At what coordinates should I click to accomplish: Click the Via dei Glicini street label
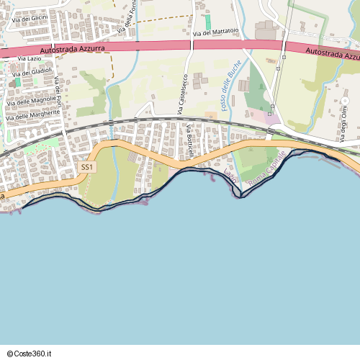30,17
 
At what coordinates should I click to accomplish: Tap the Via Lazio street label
30,58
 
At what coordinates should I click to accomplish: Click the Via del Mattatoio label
216,33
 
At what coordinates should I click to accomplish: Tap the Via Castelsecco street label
183,94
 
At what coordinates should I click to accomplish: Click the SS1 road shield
87,167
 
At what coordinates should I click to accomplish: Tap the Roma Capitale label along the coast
266,171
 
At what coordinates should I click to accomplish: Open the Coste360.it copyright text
34,353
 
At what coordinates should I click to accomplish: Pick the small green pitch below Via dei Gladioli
17,82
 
